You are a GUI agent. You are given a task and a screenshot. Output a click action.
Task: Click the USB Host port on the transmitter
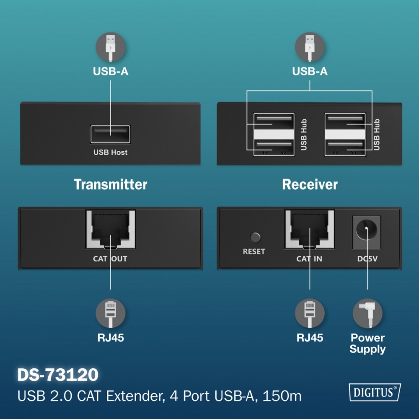(x=110, y=134)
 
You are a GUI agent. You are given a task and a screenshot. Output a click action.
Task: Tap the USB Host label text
(x=110, y=153)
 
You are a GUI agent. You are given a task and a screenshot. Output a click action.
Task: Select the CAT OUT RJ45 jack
(x=110, y=229)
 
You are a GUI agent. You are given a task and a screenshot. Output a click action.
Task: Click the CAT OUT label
(x=110, y=259)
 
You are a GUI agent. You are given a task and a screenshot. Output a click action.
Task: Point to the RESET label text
(x=254, y=251)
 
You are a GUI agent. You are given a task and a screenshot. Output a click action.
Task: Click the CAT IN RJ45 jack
(x=310, y=229)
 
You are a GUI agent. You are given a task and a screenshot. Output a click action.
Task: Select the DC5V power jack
(x=367, y=233)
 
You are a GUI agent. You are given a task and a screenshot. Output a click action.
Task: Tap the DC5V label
(x=367, y=259)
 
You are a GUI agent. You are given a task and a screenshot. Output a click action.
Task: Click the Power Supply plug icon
(x=367, y=313)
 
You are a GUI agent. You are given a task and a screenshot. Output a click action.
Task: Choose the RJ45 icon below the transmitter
(x=110, y=313)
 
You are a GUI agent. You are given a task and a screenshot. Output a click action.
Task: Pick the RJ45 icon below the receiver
(x=310, y=313)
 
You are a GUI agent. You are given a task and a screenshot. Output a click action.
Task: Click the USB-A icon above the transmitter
(x=110, y=47)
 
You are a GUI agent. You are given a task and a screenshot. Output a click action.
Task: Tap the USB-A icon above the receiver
(x=310, y=47)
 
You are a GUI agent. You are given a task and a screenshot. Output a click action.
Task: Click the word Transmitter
(x=110, y=184)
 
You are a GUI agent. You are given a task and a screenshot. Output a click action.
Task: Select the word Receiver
(x=310, y=184)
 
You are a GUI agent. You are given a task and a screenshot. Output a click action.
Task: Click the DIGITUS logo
(x=375, y=392)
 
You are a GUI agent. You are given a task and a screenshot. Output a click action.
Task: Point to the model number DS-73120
(x=58, y=375)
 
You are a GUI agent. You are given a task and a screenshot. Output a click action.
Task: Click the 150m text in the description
(x=282, y=396)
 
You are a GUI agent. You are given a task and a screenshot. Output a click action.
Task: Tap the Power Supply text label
(x=367, y=344)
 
